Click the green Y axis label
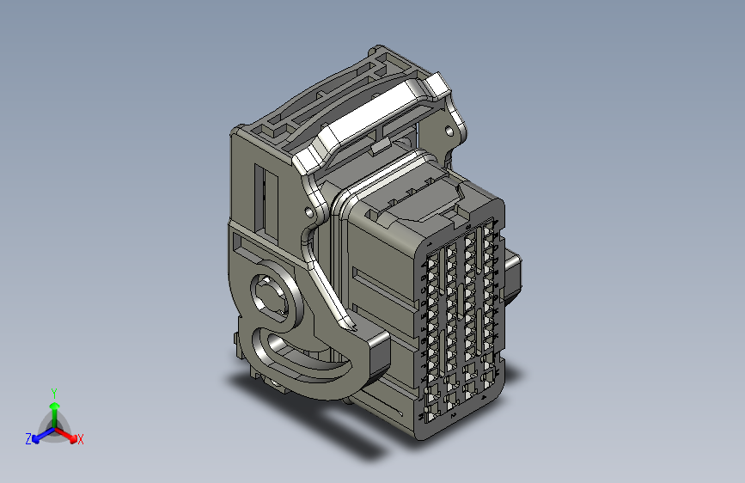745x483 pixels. [x=53, y=392]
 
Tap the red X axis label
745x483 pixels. [x=81, y=439]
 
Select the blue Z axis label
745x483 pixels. [x=28, y=439]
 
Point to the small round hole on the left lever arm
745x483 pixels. [x=308, y=210]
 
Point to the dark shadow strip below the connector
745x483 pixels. [x=344, y=435]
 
